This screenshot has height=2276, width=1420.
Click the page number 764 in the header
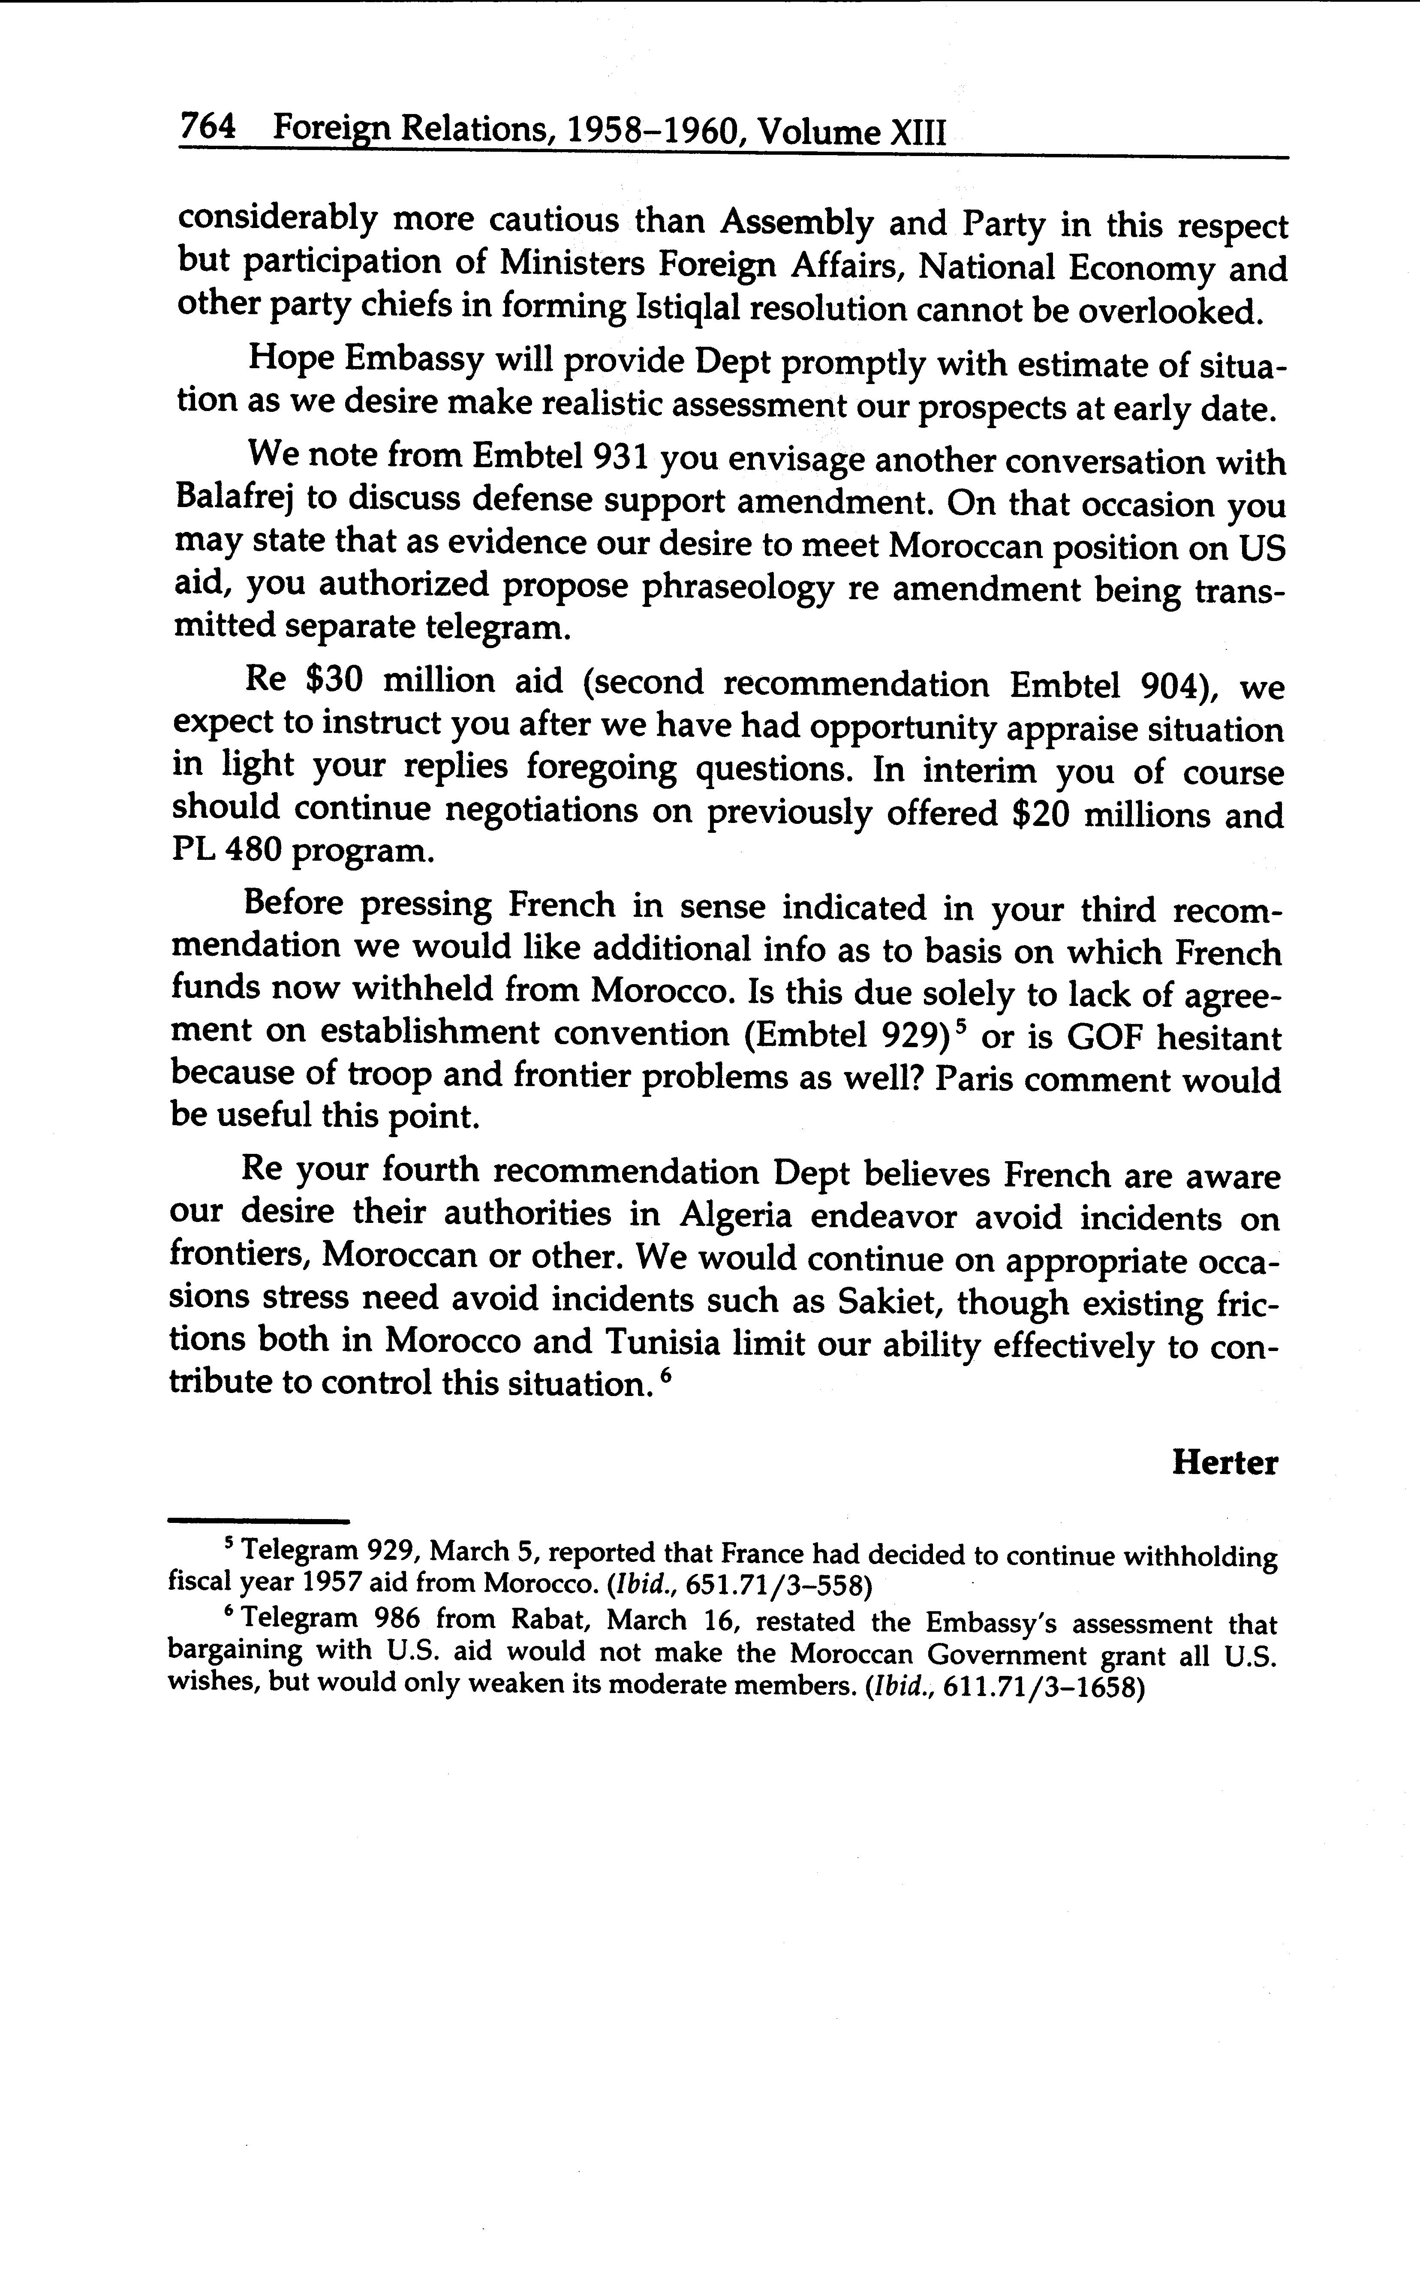[208, 127]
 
